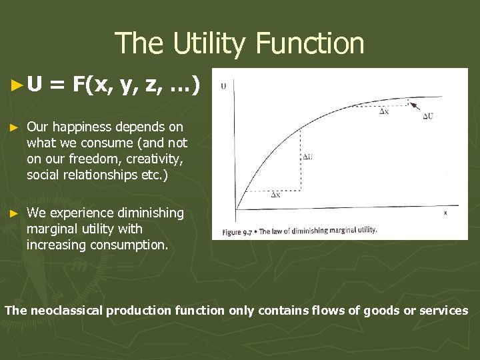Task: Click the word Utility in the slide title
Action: (211, 43)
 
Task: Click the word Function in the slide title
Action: (311, 43)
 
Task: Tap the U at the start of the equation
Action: (35, 85)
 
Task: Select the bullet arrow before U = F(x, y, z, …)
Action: (18, 85)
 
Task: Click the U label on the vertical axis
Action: (223, 86)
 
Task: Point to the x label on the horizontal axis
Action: (445, 213)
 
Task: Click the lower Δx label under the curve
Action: (275, 195)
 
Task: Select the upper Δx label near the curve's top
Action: (385, 111)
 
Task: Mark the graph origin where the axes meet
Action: (234, 207)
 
